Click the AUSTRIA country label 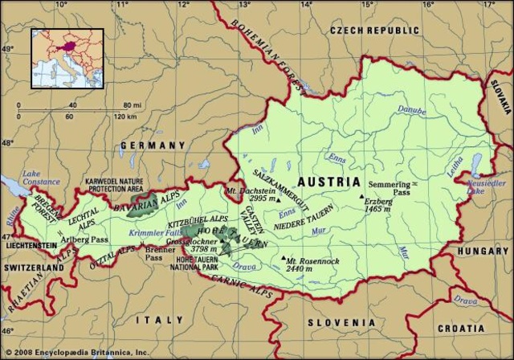(x=328, y=182)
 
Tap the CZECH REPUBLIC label (x=374, y=31)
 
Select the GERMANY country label (x=153, y=145)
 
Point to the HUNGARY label (x=483, y=251)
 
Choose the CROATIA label (x=461, y=329)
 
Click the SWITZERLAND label (x=32, y=267)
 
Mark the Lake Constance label (x=41, y=178)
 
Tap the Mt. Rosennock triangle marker (x=283, y=259)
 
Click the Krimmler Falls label (x=150, y=231)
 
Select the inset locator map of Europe (x=67, y=58)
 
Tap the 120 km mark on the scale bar (x=125, y=117)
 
